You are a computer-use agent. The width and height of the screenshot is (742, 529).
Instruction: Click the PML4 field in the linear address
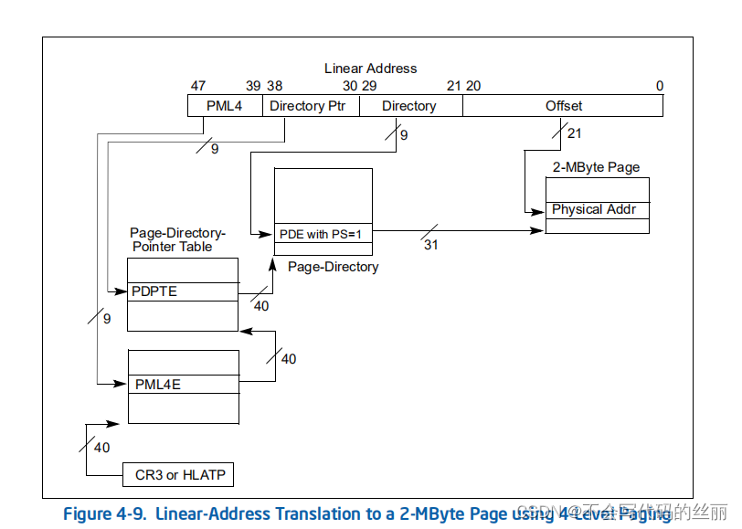click(x=224, y=106)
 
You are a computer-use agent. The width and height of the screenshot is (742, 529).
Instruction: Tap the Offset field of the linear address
click(x=563, y=106)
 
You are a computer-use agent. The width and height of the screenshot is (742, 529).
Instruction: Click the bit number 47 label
click(x=198, y=86)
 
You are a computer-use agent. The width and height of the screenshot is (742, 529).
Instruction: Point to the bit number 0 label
click(x=659, y=86)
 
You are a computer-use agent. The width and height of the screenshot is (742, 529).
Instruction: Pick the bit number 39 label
click(x=253, y=86)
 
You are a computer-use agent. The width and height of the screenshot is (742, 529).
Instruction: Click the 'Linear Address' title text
click(x=370, y=69)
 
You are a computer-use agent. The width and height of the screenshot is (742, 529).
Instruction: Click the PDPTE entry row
click(x=182, y=291)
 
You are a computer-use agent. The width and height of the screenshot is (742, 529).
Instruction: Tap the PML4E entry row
click(x=183, y=384)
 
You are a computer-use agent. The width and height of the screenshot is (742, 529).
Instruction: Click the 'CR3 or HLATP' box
click(x=179, y=475)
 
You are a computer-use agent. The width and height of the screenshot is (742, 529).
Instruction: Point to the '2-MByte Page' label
click(x=596, y=167)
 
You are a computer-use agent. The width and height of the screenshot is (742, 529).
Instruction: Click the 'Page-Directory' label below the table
click(x=333, y=267)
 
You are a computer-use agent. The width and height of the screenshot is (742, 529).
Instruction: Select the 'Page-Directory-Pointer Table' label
click(x=176, y=239)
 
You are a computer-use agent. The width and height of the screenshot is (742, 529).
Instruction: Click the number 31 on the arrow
click(x=429, y=244)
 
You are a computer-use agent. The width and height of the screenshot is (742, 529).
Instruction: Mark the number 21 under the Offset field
click(x=574, y=134)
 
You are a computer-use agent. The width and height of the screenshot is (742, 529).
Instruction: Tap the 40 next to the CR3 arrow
click(x=101, y=448)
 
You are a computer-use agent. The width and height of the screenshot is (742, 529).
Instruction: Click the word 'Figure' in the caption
click(x=87, y=513)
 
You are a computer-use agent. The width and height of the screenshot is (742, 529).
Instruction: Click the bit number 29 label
click(x=369, y=86)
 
